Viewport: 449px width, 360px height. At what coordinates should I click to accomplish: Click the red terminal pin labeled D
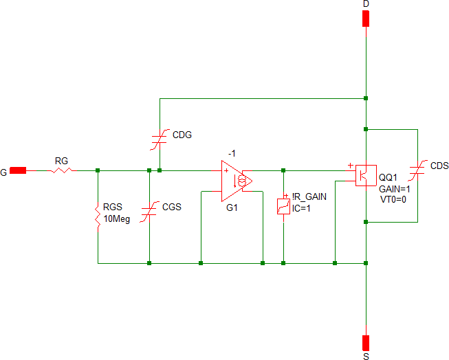click(x=366, y=18)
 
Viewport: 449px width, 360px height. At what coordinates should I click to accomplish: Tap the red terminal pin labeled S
click(x=366, y=341)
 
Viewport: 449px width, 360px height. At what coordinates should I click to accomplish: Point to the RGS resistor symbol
click(x=98, y=216)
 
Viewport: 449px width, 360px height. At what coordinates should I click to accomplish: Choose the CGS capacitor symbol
click(x=149, y=212)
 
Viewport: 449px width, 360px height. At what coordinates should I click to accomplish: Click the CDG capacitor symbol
click(x=160, y=139)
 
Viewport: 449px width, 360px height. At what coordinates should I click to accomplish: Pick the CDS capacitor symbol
click(x=417, y=171)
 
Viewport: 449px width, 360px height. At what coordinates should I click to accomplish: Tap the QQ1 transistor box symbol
click(x=364, y=175)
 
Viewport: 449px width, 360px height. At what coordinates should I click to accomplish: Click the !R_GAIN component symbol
click(x=283, y=205)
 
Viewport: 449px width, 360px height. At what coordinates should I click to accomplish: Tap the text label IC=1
click(x=301, y=208)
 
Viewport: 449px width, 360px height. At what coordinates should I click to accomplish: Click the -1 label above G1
click(x=233, y=153)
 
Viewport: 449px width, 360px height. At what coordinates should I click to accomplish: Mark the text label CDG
click(x=183, y=135)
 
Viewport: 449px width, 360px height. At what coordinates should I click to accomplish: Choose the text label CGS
click(x=173, y=207)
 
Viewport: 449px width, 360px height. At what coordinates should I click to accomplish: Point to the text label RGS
click(x=113, y=207)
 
